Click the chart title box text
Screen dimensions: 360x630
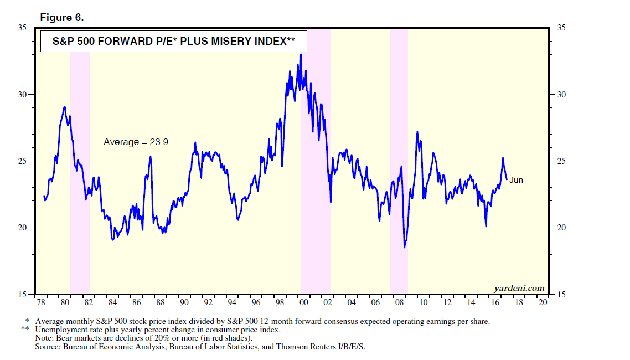click(173, 42)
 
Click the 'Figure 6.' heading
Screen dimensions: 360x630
click(62, 18)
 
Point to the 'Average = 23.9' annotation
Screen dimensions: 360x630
click(136, 142)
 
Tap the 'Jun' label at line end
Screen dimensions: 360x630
click(516, 180)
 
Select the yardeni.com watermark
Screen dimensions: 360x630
click(519, 288)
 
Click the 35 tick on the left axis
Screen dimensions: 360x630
click(24, 28)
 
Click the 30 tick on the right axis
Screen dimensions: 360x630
click(561, 95)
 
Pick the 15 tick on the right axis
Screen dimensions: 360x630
click(561, 295)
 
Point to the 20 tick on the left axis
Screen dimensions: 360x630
click(24, 228)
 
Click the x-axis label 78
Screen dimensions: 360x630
click(41, 304)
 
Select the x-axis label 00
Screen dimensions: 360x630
click(303, 304)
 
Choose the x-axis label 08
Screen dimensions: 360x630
click(399, 304)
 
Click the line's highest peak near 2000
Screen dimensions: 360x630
click(301, 54)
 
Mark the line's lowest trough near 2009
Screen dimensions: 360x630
click(405, 247)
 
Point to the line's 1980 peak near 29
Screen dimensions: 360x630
click(65, 107)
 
